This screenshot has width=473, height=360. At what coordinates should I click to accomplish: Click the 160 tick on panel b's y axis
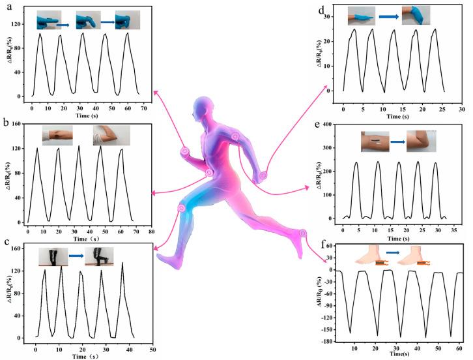click(x=15, y=123)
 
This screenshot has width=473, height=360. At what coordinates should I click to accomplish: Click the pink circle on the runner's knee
click(x=182, y=207)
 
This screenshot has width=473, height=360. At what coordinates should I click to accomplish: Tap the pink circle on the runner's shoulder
click(x=235, y=137)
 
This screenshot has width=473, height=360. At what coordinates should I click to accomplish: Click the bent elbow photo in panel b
click(x=111, y=135)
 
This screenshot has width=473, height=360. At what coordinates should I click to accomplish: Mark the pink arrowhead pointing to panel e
click(x=306, y=188)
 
